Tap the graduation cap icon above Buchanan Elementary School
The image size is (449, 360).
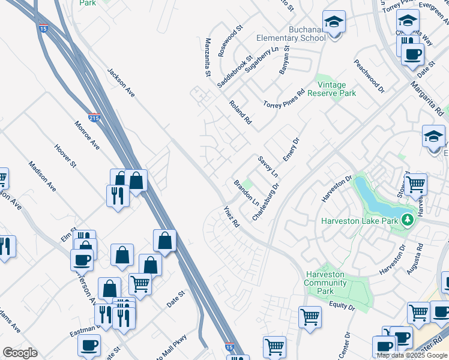[x=333, y=23]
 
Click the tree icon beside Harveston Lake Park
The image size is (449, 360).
[x=408, y=220]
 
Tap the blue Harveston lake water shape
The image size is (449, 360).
[x=375, y=197]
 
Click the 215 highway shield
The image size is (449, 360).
[x=94, y=118]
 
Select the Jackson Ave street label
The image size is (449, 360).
[x=121, y=82]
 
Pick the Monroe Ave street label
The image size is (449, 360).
[x=86, y=136]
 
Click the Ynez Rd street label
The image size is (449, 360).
[x=232, y=216]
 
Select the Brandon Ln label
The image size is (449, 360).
[x=246, y=191]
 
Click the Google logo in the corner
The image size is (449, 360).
[x=20, y=353]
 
